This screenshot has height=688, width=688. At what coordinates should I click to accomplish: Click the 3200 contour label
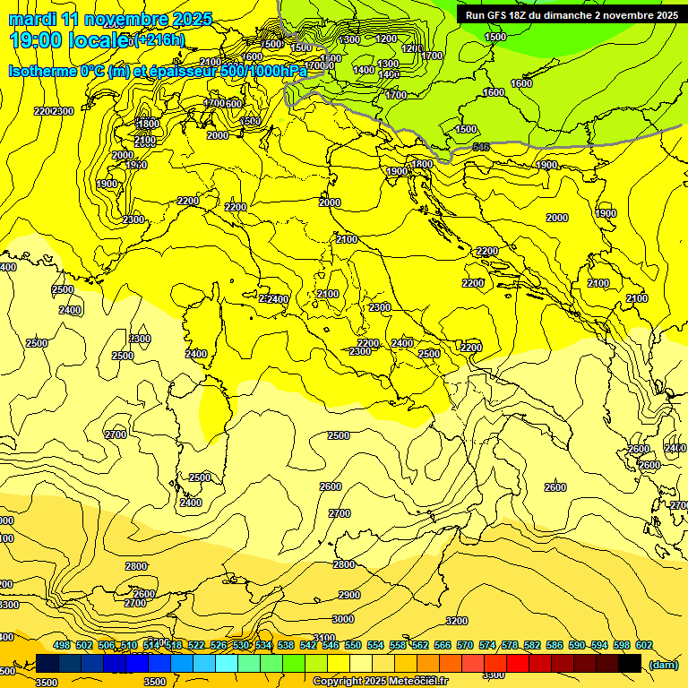[x=456, y=621]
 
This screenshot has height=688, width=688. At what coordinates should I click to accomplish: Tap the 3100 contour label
[x=323, y=638]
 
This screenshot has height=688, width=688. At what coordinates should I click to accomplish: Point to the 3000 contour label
[x=342, y=619]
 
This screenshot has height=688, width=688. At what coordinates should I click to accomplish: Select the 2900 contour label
[x=349, y=595]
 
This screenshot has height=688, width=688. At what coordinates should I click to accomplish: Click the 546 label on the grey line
[x=481, y=146]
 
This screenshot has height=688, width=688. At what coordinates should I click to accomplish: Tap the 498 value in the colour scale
[x=62, y=645]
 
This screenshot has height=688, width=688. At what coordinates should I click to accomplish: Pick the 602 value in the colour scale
[x=644, y=645]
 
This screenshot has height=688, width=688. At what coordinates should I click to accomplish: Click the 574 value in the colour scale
[x=487, y=645]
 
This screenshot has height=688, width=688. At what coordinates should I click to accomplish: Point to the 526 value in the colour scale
[x=219, y=645]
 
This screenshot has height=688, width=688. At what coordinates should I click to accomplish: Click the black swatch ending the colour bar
[x=630, y=663]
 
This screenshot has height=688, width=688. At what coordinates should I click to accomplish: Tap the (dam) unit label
[x=663, y=664]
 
